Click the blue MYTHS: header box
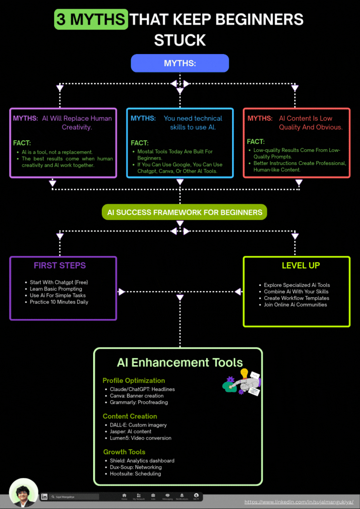(180, 64)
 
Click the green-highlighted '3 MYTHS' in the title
(91, 20)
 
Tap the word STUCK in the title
(180, 40)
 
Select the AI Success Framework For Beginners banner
(184, 212)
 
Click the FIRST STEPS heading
(59, 265)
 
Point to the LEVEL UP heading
(301, 265)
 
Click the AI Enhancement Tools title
(180, 362)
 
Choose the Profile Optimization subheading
(133, 381)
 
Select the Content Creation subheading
(130, 416)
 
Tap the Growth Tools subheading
(124, 452)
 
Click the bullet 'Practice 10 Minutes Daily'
(59, 302)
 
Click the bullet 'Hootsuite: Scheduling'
(135, 474)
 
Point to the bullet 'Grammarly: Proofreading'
(138, 402)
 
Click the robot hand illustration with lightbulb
(242, 382)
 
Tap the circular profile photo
(24, 493)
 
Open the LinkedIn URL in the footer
(299, 502)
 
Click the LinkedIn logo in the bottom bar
(44, 497)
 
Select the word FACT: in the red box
(256, 142)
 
